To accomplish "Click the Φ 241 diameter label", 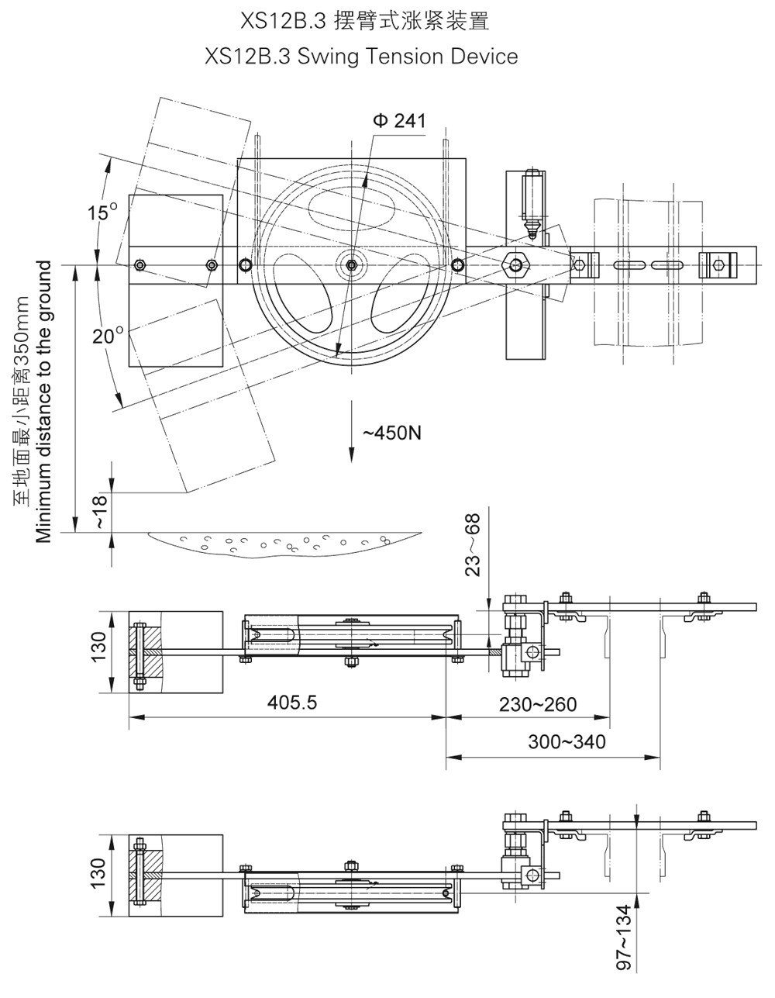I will (x=399, y=121).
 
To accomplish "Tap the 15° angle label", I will (x=102, y=212).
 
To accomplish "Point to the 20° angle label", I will (x=108, y=336).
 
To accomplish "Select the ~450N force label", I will (x=392, y=432).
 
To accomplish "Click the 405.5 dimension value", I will (x=292, y=703).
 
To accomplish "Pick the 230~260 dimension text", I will (x=538, y=703).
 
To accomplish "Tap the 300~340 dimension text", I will (x=567, y=741).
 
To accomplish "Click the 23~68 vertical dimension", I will (x=474, y=544).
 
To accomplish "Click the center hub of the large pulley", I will (x=352, y=265).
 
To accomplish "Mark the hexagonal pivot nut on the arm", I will (x=515, y=264).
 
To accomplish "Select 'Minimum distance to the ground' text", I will (x=44, y=402).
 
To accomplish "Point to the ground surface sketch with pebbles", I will (x=283, y=542).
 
